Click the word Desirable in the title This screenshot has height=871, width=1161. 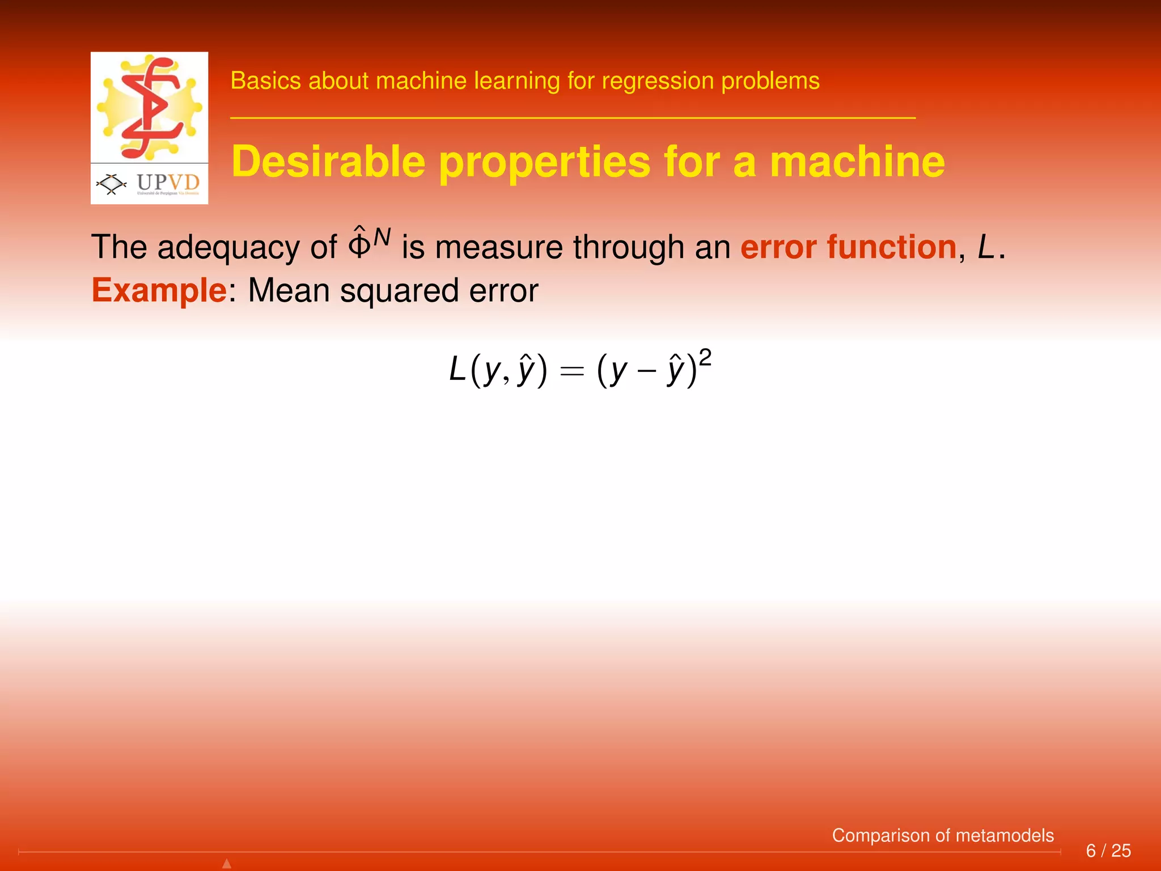[329, 162]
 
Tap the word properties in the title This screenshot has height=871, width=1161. [545, 163]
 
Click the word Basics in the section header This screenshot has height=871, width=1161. [265, 81]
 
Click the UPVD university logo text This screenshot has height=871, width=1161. [168, 183]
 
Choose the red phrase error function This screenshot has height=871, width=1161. [849, 247]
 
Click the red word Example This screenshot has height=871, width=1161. [159, 290]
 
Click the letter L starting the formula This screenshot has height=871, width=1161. [457, 370]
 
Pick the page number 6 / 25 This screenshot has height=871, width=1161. [1108, 851]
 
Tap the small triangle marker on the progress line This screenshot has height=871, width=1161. [227, 864]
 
